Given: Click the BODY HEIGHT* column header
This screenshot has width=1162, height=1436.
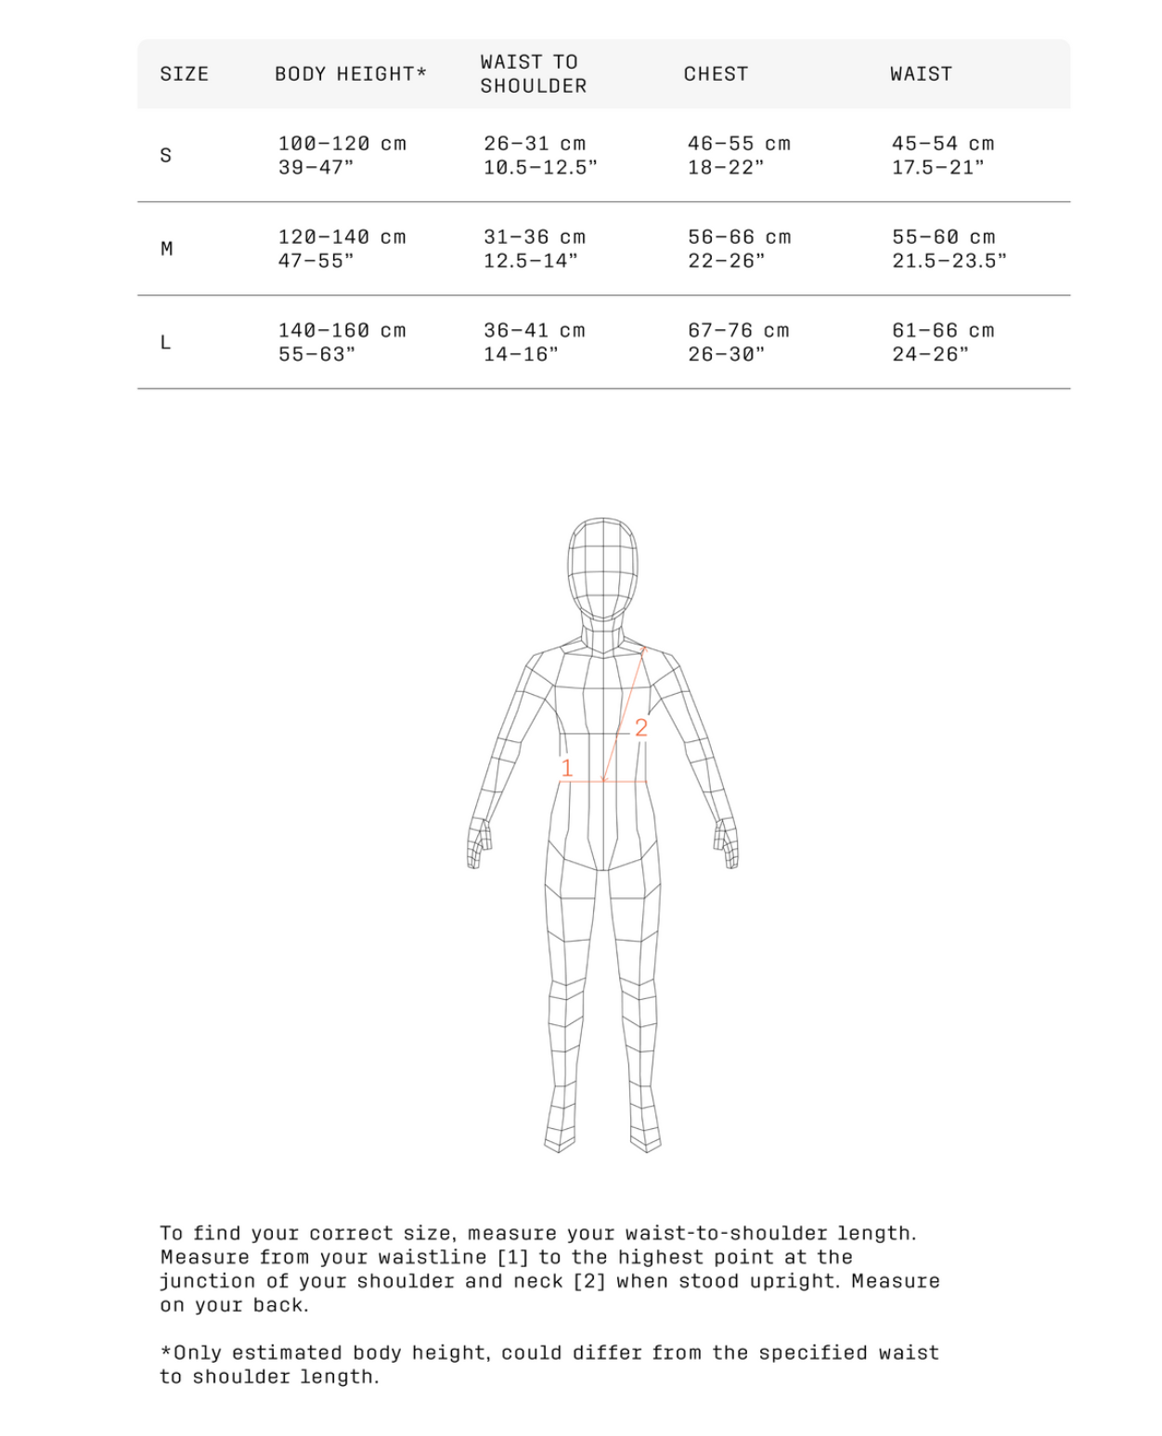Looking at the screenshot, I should coord(350,74).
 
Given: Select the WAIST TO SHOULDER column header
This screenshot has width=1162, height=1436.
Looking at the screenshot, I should coord(534,74).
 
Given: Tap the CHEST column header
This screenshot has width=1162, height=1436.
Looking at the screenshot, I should coord(716,74).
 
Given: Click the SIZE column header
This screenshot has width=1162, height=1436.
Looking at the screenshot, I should coord(184,74).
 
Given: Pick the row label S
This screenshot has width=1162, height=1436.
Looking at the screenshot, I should coord(166,155).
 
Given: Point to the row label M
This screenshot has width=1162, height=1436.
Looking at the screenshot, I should coord(166,249).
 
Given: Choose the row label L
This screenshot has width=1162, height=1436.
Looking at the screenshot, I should coord(166,342).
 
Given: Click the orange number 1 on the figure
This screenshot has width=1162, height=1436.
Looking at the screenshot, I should coord(567,768).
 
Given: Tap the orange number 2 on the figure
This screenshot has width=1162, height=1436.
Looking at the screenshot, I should coord(640,727).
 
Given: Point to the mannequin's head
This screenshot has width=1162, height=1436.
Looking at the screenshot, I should coord(602,566).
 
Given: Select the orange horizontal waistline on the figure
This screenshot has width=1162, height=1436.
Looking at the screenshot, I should coord(603,781).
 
